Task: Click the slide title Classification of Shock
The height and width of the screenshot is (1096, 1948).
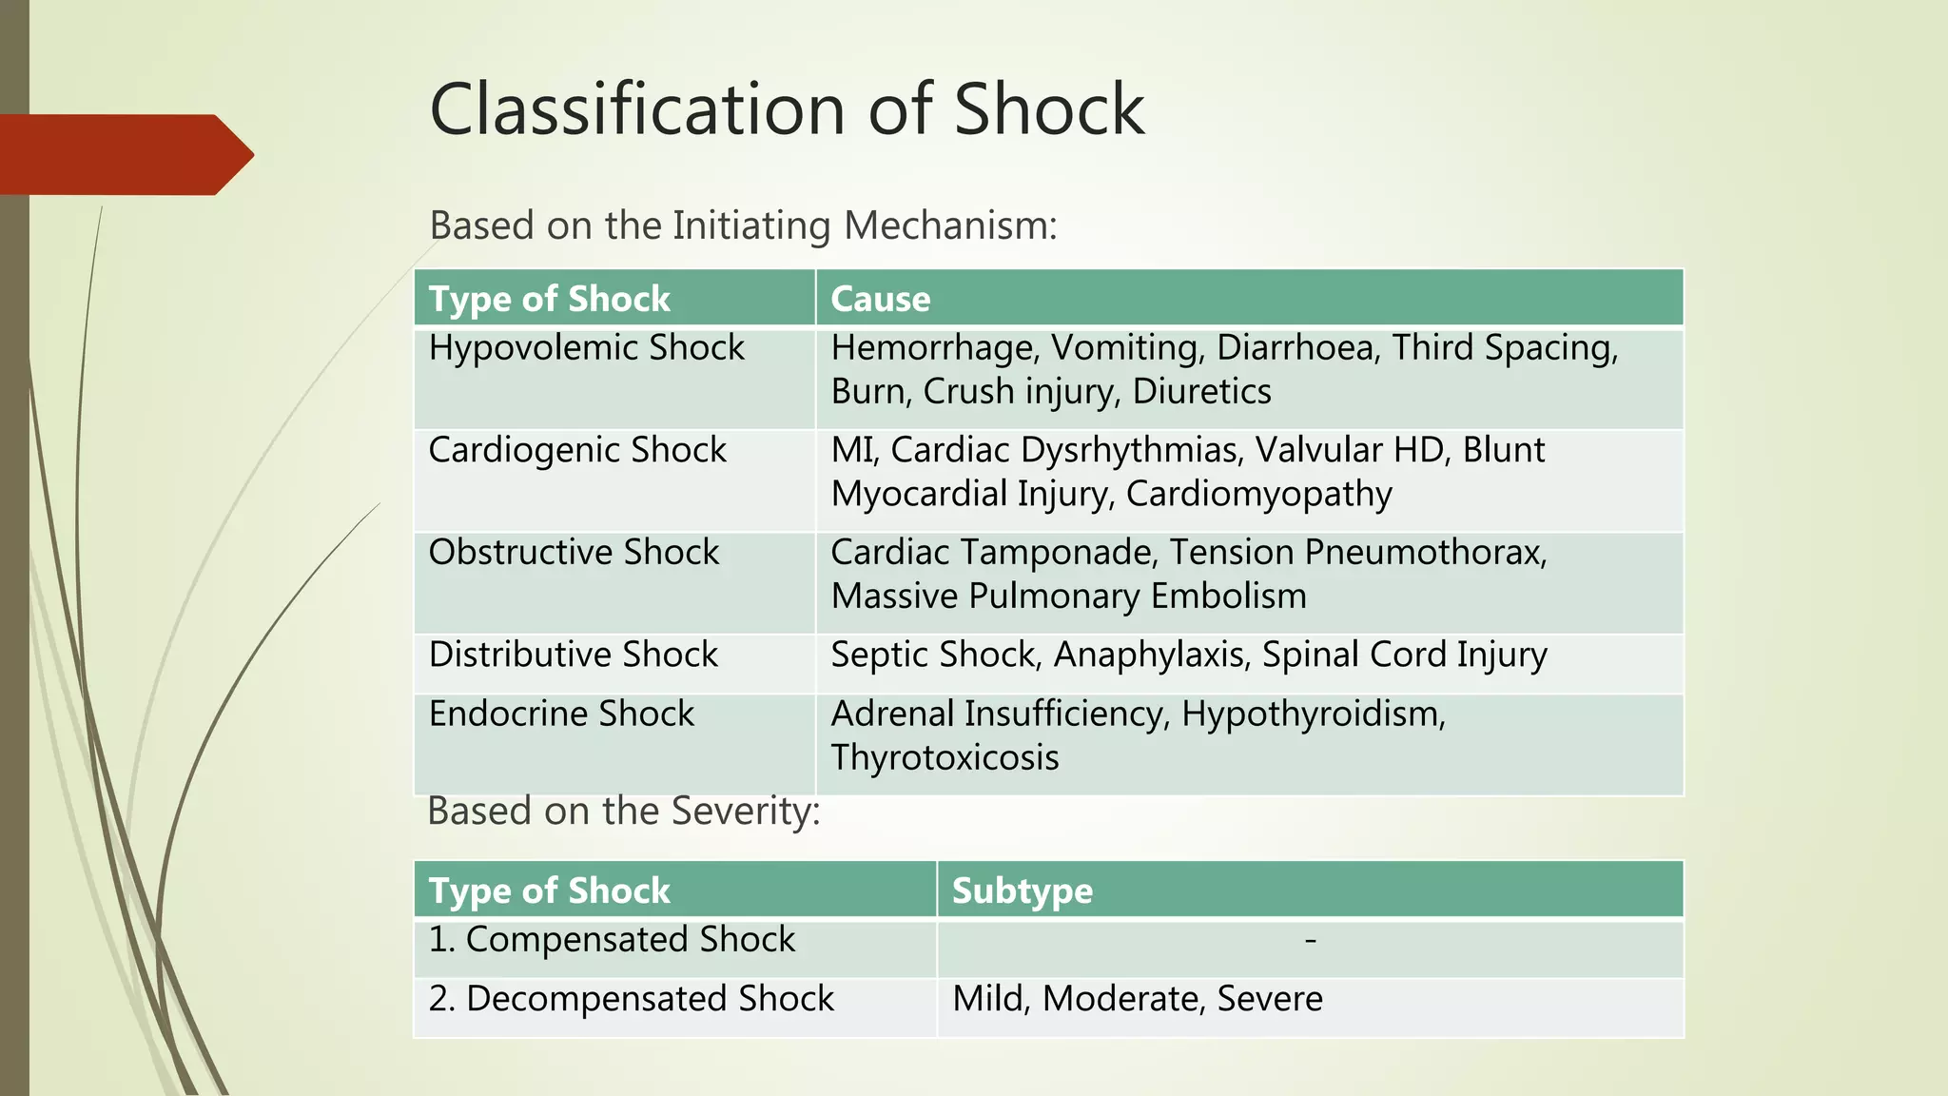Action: pos(787,109)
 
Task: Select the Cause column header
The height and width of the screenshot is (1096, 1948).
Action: pos(880,299)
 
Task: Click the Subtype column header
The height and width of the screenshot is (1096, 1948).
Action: pos(1022,890)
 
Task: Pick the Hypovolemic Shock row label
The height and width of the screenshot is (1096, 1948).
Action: pos(586,348)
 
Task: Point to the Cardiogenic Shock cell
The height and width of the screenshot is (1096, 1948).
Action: pos(576,450)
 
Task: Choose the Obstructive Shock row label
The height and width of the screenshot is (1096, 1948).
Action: pos(574,553)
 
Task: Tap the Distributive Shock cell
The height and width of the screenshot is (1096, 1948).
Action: pos(573,656)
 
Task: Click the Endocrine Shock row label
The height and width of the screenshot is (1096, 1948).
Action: pos(561,714)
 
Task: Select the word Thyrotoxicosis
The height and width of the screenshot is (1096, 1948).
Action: pos(945,758)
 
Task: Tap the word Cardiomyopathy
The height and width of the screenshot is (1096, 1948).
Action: pos(1258,495)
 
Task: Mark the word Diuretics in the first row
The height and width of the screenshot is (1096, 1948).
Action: pos(1201,392)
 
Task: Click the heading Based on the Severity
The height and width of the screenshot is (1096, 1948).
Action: pos(623,812)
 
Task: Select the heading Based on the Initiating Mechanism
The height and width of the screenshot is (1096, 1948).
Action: pos(743,226)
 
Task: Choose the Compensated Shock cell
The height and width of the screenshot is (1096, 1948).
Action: pos(612,940)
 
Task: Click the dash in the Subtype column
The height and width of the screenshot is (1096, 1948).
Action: pos(1310,941)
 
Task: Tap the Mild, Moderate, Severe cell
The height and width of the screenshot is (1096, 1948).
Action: pos(1137,999)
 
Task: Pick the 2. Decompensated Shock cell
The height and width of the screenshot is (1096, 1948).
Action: pos(631,999)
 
